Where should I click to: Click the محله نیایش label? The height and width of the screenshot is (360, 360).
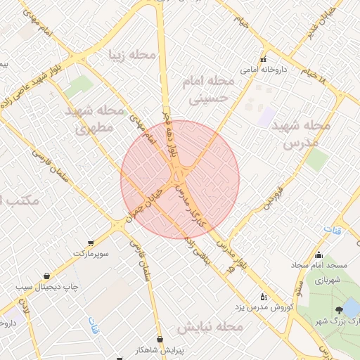pos(210,328)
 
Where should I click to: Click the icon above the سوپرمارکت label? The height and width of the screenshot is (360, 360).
pos(90,240)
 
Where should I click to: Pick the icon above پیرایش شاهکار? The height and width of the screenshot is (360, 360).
pos(160,339)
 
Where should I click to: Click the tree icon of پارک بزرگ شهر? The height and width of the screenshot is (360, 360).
pos(338,310)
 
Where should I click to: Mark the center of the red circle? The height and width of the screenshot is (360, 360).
pos(180,180)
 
